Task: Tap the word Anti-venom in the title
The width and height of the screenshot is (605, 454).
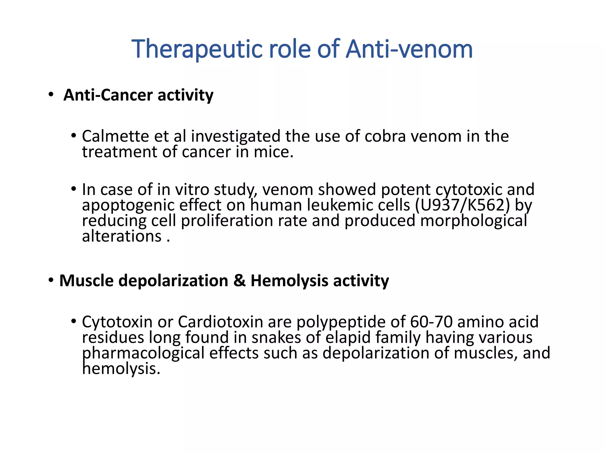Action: point(409,49)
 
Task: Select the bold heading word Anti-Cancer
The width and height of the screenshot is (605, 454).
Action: point(108,95)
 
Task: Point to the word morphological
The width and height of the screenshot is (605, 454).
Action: point(474,221)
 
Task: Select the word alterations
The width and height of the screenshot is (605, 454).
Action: point(121,236)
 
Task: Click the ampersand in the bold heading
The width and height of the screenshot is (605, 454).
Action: point(239,280)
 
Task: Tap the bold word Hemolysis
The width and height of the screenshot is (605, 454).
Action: point(289,280)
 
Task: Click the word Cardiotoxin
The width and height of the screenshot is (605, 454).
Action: point(220,322)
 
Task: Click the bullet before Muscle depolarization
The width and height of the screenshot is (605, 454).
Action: point(51,280)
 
